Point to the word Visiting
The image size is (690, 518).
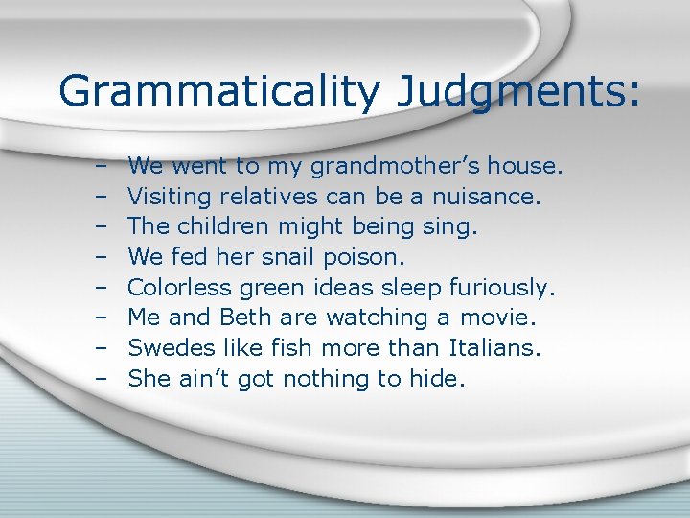(171, 197)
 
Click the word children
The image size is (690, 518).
(224, 227)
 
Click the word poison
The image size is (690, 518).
(365, 257)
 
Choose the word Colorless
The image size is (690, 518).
(178, 288)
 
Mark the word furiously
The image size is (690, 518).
(504, 288)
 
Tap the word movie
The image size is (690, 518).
(511, 318)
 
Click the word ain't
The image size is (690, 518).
(203, 379)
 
